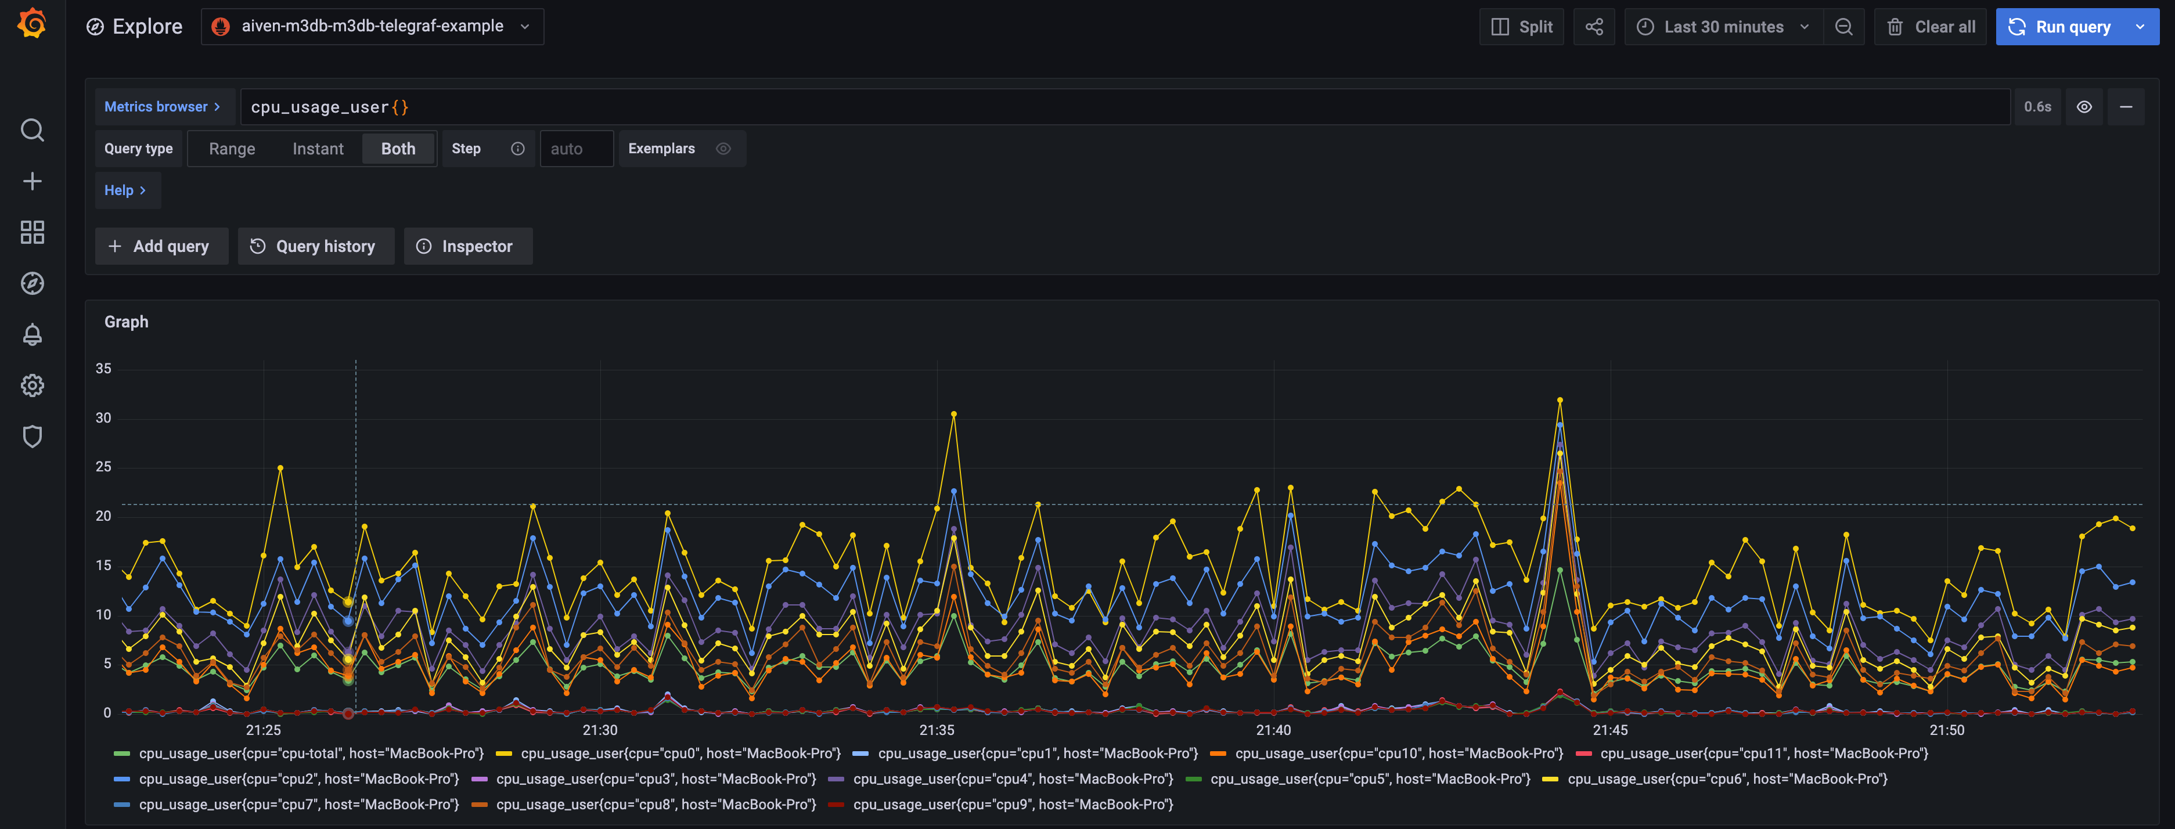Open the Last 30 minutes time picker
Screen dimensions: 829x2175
click(x=1723, y=27)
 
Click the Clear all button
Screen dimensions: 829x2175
click(x=1931, y=27)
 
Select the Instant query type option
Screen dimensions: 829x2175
click(x=318, y=149)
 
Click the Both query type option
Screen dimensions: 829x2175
click(x=398, y=149)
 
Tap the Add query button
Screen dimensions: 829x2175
click(x=160, y=247)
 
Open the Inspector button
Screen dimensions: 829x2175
click(x=467, y=247)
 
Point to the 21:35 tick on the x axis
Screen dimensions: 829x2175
click(x=937, y=729)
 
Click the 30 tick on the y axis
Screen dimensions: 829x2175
click(x=103, y=418)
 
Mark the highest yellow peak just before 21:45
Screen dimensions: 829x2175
click(x=1560, y=400)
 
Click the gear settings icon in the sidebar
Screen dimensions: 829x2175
click(x=32, y=386)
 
